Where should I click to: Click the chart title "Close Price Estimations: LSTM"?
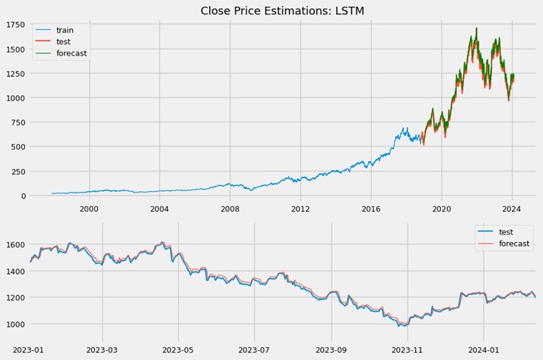[x=271, y=11]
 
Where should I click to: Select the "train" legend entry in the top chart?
[x=65, y=30]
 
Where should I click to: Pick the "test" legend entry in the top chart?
[x=64, y=42]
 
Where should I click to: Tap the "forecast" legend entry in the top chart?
[x=71, y=53]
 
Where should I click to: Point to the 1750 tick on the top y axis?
[x=14, y=25]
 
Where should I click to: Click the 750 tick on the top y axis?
[x=17, y=123]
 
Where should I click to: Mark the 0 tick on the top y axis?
[x=23, y=196]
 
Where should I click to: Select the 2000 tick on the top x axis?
[x=89, y=208]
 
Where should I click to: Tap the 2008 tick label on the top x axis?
[x=230, y=208]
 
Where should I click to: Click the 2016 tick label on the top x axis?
[x=371, y=208]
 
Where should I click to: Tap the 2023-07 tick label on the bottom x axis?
[x=254, y=350]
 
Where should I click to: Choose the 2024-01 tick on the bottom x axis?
[x=484, y=350]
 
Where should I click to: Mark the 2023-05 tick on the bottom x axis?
[x=178, y=350]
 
